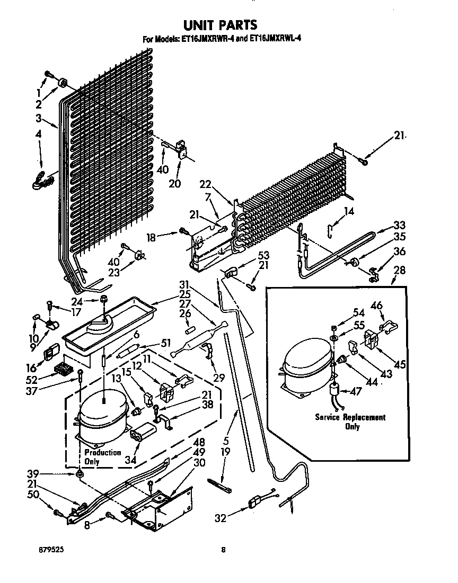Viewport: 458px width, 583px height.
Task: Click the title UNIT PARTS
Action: coord(220,24)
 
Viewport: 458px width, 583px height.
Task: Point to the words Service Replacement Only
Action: coord(350,421)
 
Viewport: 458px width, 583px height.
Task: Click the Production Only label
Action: coord(102,457)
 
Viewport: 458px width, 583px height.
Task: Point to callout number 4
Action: coord(38,136)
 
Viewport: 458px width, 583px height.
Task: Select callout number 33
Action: coord(399,224)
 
